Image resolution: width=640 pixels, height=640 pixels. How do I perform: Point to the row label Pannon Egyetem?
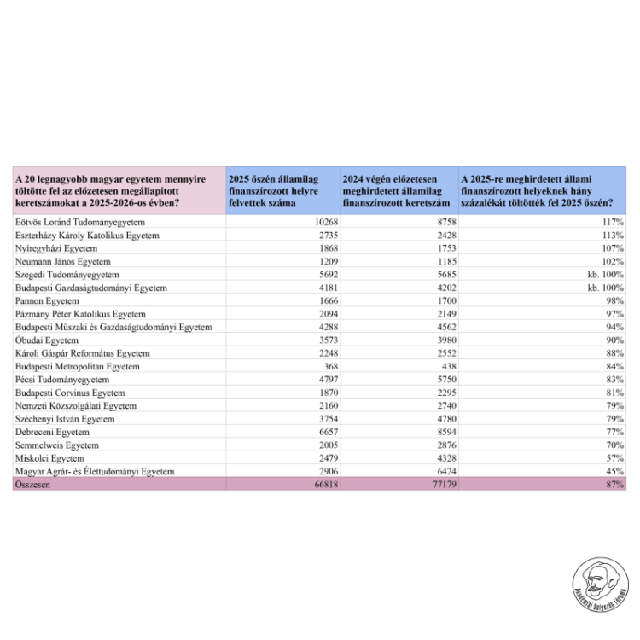pyautogui.click(x=47, y=301)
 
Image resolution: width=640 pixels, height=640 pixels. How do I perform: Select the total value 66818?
pyautogui.click(x=317, y=484)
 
